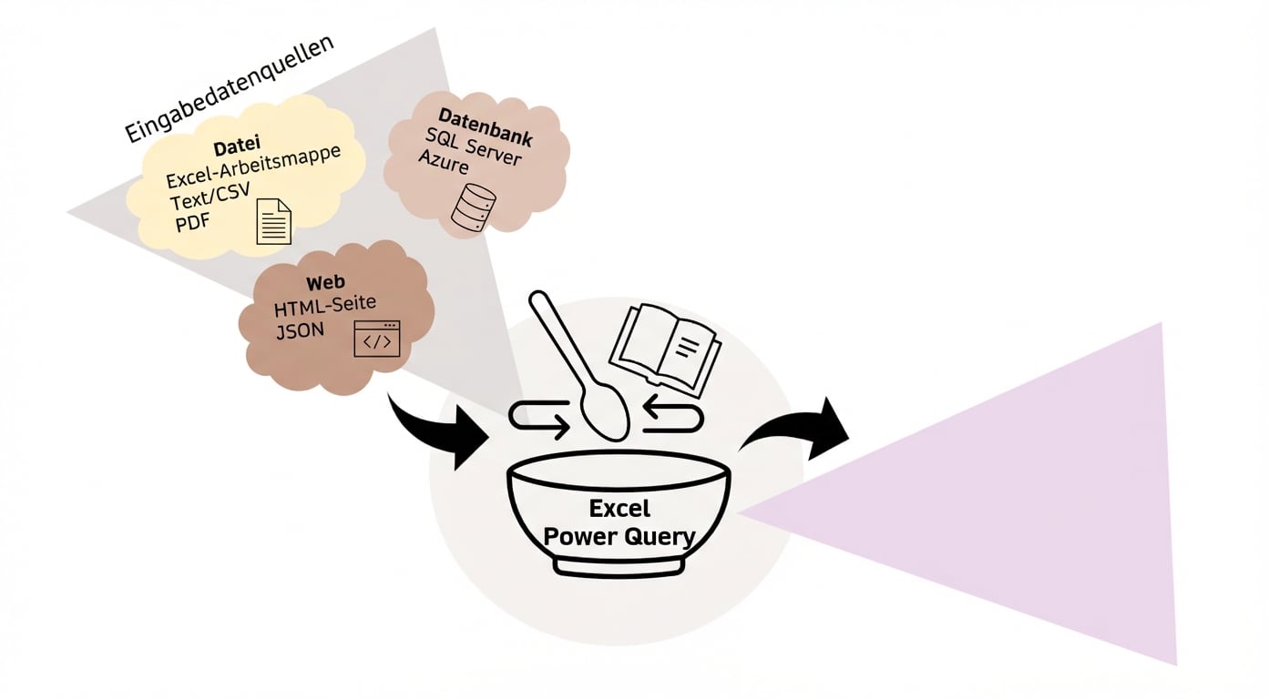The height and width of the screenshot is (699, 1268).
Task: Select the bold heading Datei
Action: point(237,146)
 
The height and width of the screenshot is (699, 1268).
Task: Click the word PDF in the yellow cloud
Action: point(192,222)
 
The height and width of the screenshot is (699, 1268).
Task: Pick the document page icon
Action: point(273,221)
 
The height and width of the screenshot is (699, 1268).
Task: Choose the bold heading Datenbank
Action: point(486,127)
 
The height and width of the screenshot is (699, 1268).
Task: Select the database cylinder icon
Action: point(474,207)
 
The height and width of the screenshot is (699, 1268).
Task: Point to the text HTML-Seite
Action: point(325,305)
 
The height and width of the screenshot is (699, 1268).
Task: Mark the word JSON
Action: point(300,330)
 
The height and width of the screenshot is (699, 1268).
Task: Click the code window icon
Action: point(377,339)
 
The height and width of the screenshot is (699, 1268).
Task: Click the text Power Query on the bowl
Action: point(619,536)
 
